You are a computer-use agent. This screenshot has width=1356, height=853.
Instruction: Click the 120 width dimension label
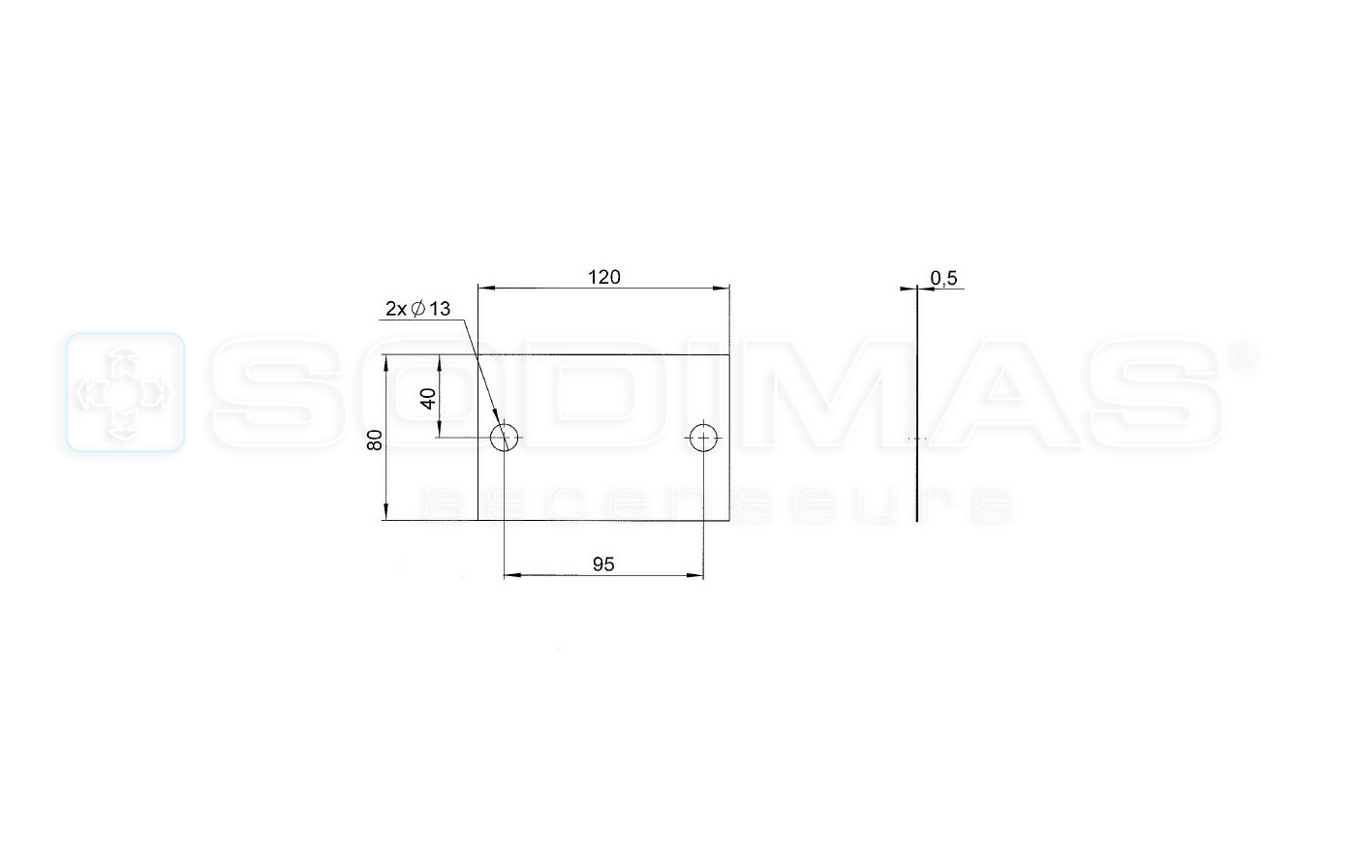604,277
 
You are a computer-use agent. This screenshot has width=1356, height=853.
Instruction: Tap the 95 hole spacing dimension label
603,564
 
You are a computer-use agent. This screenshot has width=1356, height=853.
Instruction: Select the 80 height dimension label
376,440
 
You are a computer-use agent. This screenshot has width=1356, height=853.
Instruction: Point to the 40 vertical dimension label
428,399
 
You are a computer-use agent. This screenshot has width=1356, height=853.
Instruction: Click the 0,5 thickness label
943,278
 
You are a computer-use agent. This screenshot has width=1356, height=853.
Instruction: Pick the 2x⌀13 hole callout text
418,309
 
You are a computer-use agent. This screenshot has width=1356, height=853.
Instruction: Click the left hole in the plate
505,438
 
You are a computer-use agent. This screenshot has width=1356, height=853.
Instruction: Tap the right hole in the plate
703,438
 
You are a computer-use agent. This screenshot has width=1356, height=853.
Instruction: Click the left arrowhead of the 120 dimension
485,288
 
